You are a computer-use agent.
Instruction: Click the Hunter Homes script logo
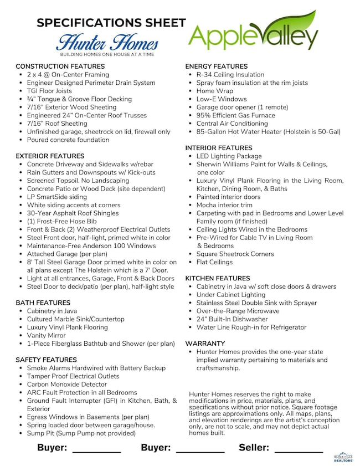(107, 43)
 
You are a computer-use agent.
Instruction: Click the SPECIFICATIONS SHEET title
(111, 23)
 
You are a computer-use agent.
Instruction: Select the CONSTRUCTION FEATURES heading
(60, 66)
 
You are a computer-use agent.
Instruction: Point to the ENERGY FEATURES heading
(216, 66)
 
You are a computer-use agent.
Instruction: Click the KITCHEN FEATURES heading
(218, 278)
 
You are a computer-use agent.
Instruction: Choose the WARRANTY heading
(205, 344)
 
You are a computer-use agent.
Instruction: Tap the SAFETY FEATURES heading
(46, 360)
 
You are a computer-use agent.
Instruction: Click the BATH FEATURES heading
(43, 303)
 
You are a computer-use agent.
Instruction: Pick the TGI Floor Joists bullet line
(49, 91)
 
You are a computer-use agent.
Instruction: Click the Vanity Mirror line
(46, 335)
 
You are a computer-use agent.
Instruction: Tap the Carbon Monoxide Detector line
(66, 384)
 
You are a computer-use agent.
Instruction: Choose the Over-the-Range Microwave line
(238, 311)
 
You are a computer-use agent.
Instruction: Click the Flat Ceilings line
(214, 262)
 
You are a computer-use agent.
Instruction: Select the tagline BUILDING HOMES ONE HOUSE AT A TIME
(106, 55)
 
